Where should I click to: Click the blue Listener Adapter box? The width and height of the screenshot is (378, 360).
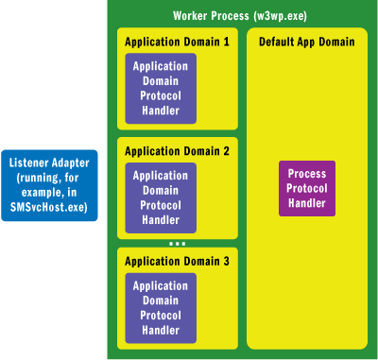(x=49, y=184)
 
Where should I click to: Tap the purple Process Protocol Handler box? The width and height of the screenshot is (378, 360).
(x=307, y=187)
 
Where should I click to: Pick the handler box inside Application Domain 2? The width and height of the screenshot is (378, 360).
(x=161, y=197)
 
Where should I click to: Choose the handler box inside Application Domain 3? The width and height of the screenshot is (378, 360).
(x=161, y=307)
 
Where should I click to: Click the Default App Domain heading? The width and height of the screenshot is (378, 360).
(x=307, y=42)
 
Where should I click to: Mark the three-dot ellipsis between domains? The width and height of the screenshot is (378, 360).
(x=176, y=243)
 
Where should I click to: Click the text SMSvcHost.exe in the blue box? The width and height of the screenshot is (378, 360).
(x=49, y=206)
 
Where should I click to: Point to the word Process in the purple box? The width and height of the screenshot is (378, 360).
(x=307, y=175)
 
